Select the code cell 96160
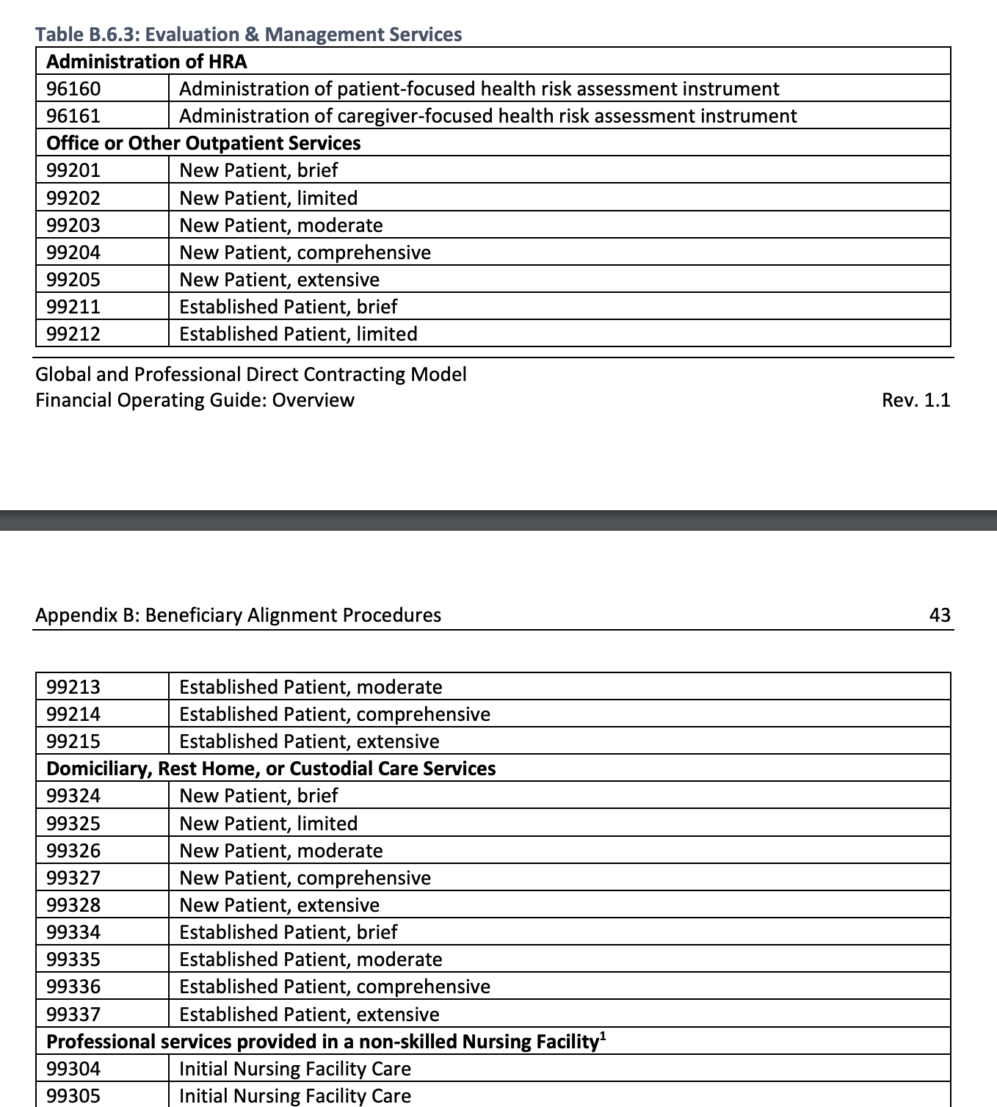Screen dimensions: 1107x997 tap(73, 89)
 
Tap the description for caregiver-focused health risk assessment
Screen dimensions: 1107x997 tap(487, 116)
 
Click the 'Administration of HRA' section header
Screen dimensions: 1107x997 tap(146, 62)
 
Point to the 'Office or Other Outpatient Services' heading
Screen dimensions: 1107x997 tap(203, 143)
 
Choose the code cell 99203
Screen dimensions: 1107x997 tap(73, 225)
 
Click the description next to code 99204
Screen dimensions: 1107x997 tap(305, 253)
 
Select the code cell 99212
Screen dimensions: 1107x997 tap(73, 334)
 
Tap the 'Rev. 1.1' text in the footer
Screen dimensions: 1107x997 tap(916, 400)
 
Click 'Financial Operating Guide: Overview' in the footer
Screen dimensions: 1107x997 tap(195, 400)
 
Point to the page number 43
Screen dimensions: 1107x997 tap(939, 615)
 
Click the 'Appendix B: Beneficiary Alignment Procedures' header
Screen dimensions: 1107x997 tap(238, 615)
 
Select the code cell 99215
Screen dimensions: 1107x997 tap(73, 741)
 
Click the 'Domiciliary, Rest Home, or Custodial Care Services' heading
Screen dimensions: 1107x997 tap(271, 769)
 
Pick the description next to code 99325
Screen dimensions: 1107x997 tap(268, 824)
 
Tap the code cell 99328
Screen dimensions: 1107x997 tap(73, 905)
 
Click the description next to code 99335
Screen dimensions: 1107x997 tap(311, 959)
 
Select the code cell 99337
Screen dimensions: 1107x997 tap(73, 1015)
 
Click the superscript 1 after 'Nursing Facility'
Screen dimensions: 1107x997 tap(603, 1036)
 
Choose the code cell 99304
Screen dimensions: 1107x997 tap(73, 1069)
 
